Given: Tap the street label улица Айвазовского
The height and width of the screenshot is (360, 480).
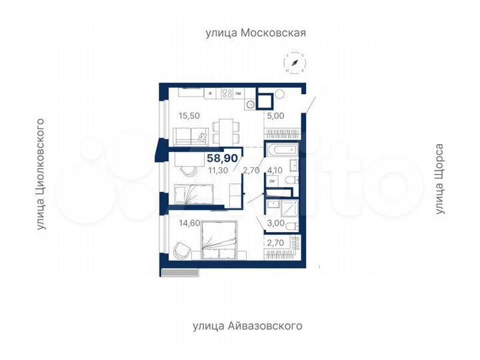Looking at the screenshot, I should [247, 326].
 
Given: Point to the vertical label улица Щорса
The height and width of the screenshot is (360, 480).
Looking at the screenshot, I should [439, 179].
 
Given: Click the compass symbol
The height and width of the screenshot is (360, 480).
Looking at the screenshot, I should [294, 63].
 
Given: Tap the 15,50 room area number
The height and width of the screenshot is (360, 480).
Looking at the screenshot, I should [189, 115].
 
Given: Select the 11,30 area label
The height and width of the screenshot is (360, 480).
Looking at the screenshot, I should [217, 170].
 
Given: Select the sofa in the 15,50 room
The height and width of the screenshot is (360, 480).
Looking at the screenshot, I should [190, 137].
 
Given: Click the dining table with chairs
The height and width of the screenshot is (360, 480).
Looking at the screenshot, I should [225, 126].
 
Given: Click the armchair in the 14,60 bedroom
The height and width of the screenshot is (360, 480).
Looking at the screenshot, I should [179, 250].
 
